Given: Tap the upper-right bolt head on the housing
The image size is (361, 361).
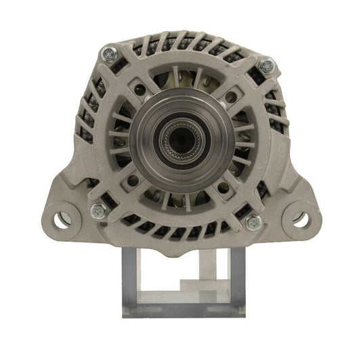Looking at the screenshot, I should pyautogui.click(x=267, y=66).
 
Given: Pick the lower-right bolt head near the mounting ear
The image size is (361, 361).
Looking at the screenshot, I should pyautogui.click(x=254, y=221).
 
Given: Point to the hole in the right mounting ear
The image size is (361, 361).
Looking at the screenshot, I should pyautogui.click(x=300, y=219).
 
